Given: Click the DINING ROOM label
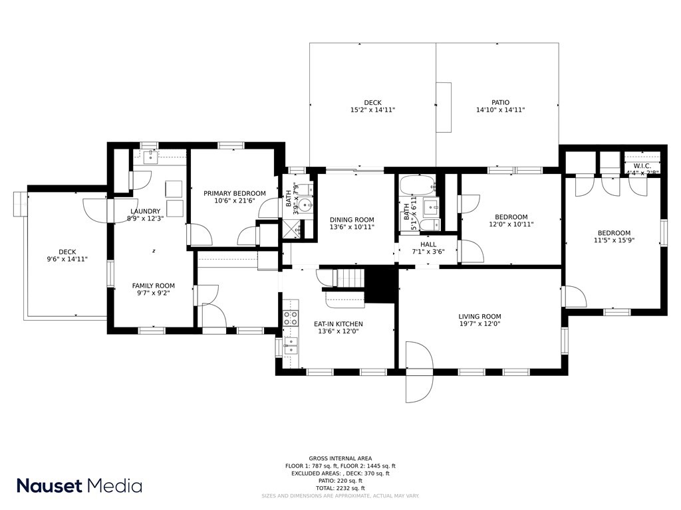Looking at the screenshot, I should pos(352,220).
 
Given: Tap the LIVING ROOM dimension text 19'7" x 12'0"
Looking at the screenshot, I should pos(479,324).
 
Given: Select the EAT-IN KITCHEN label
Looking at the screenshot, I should pos(338,324).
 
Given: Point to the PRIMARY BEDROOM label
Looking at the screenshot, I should pos(234,193).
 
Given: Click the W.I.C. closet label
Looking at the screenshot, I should pos(642,166).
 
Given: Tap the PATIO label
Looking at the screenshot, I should pos(500,102).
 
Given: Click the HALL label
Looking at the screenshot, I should pos(428,244).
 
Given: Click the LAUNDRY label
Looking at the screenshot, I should pos(145,211).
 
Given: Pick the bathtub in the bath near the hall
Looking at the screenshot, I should pos(416,183).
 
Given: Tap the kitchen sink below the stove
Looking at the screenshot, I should pos(291,344).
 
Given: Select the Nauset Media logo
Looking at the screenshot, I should pos(79,485).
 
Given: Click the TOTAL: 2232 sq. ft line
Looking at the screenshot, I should pos(340,488).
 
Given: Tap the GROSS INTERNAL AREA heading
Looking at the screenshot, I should pos(340,458).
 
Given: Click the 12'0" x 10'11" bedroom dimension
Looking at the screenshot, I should pos(511,224).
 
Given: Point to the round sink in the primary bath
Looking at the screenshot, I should pos(306,205).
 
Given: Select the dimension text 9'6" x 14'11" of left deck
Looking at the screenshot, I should pos(67,259).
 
